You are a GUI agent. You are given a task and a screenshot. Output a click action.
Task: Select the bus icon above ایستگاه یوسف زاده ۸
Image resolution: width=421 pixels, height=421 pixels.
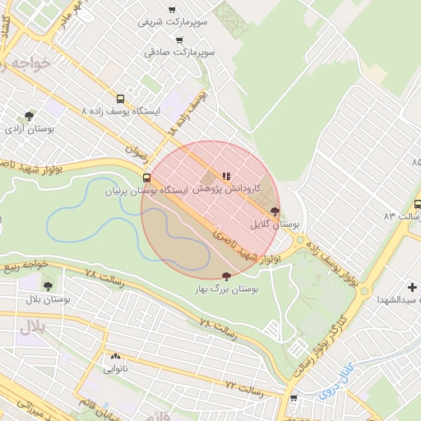click(x=121, y=96)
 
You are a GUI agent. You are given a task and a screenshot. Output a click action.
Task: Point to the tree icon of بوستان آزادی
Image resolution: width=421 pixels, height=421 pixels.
click(x=30, y=116)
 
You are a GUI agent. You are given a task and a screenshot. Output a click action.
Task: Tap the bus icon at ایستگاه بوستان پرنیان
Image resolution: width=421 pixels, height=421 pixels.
click(x=147, y=178)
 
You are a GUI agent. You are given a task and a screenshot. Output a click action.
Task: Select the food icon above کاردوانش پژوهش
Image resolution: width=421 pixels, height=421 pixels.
click(x=226, y=175)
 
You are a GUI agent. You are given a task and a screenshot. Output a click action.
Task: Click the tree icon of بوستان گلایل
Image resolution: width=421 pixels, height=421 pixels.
click(x=275, y=211)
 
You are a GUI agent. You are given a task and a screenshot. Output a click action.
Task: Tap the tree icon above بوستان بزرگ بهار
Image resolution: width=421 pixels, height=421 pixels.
click(x=227, y=276)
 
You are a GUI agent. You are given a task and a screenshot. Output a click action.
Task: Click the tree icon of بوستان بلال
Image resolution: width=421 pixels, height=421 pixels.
click(x=48, y=285)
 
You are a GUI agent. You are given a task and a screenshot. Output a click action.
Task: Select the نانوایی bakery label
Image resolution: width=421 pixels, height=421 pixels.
click(x=115, y=370)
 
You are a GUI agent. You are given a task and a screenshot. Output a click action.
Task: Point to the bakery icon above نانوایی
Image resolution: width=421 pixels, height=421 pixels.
click(x=115, y=357)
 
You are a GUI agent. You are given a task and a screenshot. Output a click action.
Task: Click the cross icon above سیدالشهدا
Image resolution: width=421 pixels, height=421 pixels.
click(x=411, y=286)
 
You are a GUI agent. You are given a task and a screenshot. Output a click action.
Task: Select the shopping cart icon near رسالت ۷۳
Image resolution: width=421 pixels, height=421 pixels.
click(x=294, y=398)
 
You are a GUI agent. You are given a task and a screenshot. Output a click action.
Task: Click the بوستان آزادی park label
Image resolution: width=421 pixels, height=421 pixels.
click(x=30, y=130)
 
